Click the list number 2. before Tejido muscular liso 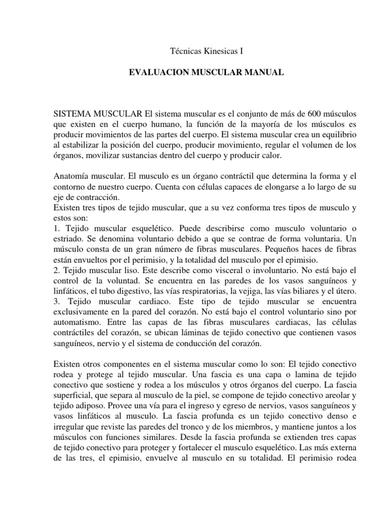[56, 272]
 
